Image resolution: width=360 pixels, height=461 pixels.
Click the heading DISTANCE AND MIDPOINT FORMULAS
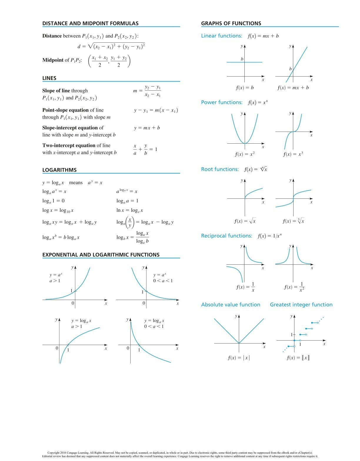[x=90, y=23]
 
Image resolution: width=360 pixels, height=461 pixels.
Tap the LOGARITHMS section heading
[x=59, y=170]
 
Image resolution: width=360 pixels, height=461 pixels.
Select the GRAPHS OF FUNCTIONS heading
[x=231, y=23]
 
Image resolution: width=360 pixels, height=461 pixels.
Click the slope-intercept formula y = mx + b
[x=147, y=128]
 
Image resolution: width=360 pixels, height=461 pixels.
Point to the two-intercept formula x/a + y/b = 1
[x=145, y=150]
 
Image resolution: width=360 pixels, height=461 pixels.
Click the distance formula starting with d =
[x=111, y=46]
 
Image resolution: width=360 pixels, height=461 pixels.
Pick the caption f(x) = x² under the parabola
[x=245, y=154]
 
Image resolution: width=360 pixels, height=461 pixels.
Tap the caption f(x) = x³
[x=293, y=154]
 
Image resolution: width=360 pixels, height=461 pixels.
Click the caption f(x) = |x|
[x=239, y=358]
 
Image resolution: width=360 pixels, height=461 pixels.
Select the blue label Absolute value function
[x=231, y=305]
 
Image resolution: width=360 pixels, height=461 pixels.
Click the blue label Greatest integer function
[x=301, y=305]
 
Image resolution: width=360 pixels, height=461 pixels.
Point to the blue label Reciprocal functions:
[x=226, y=236]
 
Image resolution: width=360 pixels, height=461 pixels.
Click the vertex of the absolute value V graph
[x=239, y=343]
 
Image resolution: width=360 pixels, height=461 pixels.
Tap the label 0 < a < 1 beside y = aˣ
[x=163, y=281]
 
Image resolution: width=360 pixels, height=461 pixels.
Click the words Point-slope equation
[x=65, y=110]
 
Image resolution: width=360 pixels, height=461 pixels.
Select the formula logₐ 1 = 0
[x=53, y=201]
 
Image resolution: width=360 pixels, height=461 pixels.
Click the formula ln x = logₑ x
[x=130, y=210]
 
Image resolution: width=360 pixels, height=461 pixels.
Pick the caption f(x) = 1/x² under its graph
[x=294, y=287]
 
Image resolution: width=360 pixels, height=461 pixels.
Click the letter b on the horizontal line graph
[x=242, y=59]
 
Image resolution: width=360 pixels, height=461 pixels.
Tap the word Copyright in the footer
[x=54, y=453]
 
